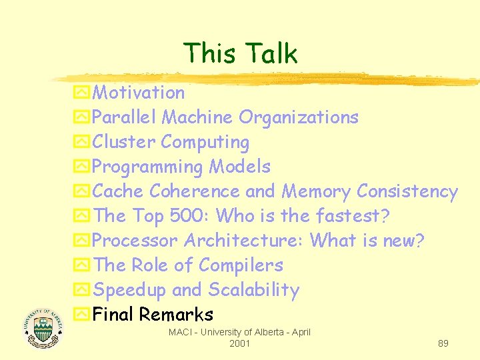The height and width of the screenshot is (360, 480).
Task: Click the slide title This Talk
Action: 240,53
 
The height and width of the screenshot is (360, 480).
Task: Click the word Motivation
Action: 139,93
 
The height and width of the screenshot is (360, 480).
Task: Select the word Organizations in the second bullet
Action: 299,117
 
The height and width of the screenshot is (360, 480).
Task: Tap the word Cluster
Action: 125,142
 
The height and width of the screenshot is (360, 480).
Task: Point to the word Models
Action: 240,167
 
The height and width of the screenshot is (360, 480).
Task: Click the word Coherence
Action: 194,191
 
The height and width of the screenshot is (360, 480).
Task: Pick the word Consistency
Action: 407,191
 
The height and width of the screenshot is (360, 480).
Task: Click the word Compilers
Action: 241,265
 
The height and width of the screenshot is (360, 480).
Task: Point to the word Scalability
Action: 254,290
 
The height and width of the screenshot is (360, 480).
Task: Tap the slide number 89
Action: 443,343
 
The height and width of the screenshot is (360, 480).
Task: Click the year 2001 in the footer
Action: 239,343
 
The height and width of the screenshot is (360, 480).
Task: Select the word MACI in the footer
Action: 181,332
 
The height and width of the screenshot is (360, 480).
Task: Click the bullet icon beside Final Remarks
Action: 82,315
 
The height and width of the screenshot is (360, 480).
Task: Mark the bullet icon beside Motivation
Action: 82,93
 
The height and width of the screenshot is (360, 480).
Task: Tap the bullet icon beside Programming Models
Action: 82,167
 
